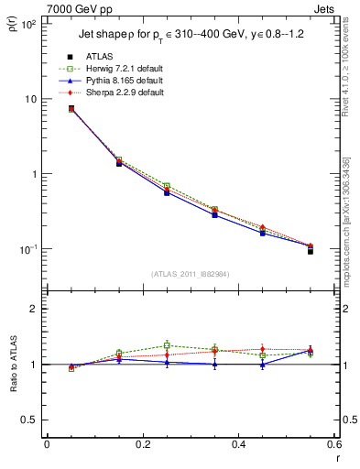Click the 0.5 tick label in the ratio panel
[29, 420]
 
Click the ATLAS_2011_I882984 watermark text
[191, 272]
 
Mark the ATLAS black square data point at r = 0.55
[311, 250]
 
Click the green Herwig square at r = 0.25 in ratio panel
[167, 345]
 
